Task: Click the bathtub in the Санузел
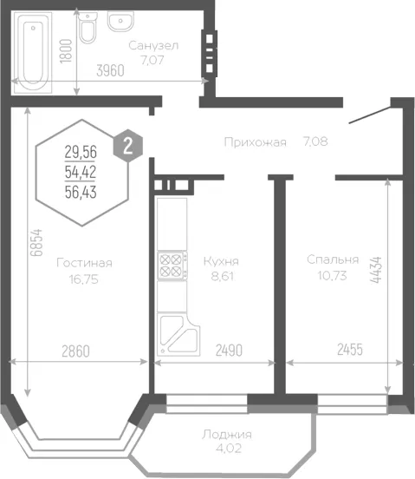pos(33,53)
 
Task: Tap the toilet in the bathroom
pos(88,28)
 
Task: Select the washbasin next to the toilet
pos(120,22)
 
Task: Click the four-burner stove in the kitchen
pos(172,266)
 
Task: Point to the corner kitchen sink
pos(178,336)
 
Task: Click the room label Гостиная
pos(84,263)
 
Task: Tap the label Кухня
pos(221,261)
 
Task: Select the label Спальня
pos(333,259)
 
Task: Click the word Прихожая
pos(256,142)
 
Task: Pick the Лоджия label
pos(226,435)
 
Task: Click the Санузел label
pos(153,46)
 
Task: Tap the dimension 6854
pos(37,243)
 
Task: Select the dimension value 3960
pos(110,71)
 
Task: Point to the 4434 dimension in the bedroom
pos(376,270)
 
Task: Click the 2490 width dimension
pos(229,351)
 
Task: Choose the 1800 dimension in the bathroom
pos(66,51)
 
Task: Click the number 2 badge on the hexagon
pos(128,146)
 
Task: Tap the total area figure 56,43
pos(81,193)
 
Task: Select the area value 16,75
pos(84,279)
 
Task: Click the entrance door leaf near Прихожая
pos(370,115)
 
